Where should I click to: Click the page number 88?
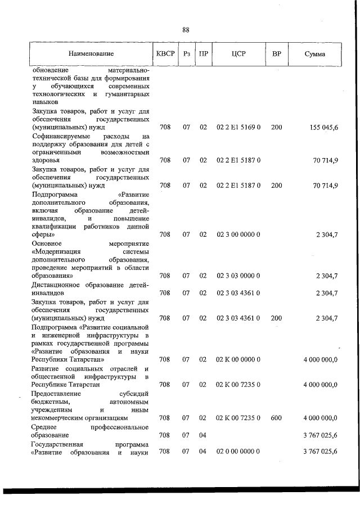[x=186, y=30]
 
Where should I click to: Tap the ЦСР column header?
[x=238, y=54]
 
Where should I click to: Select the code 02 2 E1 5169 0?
[x=238, y=128]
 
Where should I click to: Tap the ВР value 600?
[x=276, y=418]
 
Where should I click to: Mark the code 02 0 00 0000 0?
[x=238, y=452]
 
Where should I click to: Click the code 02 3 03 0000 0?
[x=238, y=276]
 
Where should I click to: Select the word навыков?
[x=45, y=103]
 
